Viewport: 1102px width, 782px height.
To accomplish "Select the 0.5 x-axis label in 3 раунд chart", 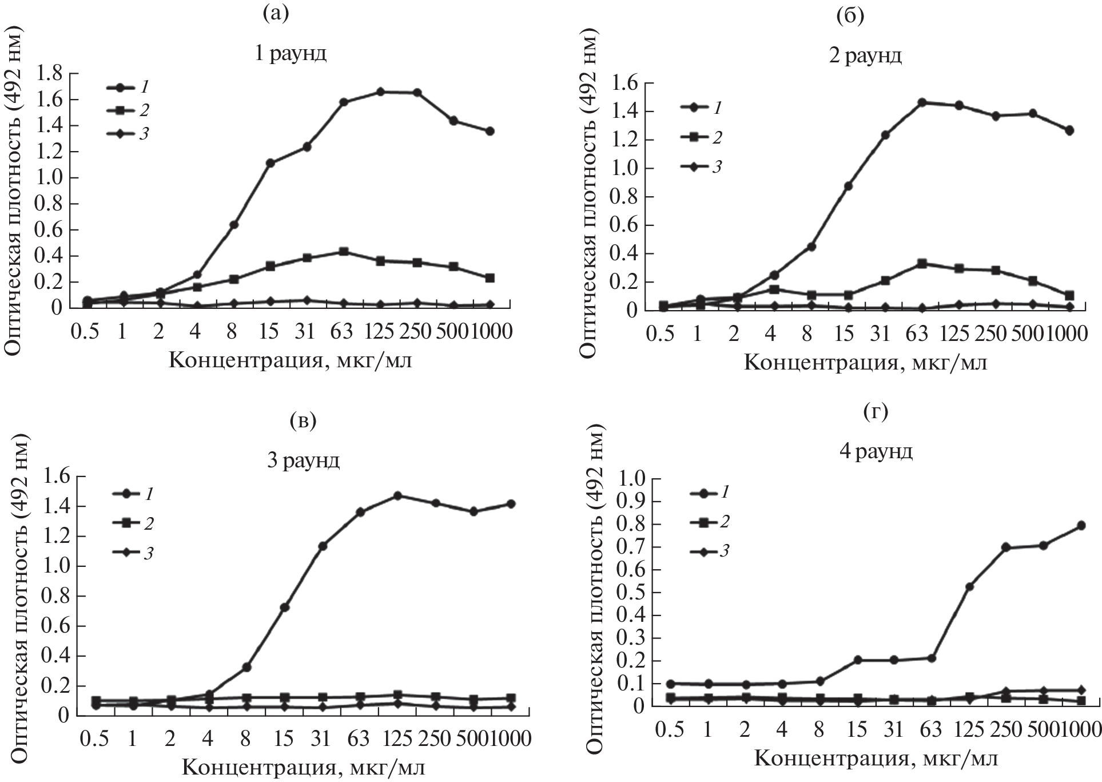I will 95,739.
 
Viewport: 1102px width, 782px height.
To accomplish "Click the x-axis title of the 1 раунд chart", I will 289,361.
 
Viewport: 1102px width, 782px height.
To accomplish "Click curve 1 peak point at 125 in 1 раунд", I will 380,92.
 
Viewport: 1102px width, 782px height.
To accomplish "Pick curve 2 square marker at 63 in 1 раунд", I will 344,252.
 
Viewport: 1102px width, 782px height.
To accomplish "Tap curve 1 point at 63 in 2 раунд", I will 922,102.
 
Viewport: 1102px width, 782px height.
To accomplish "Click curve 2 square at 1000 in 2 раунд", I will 1069,296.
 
